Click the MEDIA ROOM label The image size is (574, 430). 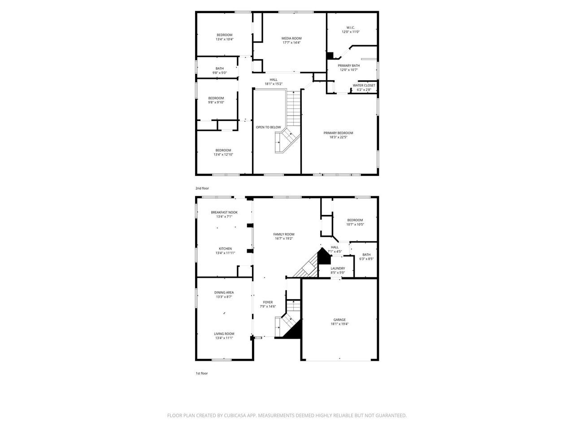pos(291,39)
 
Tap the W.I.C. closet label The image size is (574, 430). pos(350,28)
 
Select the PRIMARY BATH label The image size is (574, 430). pos(348,65)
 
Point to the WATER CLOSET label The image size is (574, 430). pos(364,86)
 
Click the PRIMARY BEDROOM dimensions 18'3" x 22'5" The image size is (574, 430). pos(338,137)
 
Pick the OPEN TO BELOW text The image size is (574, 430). pos(268,127)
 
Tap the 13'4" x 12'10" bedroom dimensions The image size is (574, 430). pos(223,155)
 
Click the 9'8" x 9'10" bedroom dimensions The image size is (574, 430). pos(216,102)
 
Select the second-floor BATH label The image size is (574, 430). pos(220,69)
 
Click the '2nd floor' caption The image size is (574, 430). pos(202,188)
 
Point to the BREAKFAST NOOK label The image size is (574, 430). pos(224,212)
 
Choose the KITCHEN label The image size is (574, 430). pos(225,249)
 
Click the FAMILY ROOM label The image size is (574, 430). pos(284,234)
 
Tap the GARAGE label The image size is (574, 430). pos(339,319)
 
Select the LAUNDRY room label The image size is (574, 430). pos(338,268)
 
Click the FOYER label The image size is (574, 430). pos(268,302)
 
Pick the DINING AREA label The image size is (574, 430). pos(224,292)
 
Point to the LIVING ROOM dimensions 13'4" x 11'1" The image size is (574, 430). pos(224,338)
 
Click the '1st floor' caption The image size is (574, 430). pos(202,374)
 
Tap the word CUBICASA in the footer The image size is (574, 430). pos(235,415)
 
